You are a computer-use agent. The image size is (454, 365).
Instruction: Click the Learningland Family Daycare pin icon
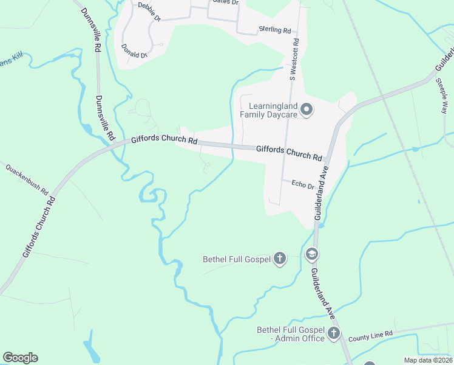307,109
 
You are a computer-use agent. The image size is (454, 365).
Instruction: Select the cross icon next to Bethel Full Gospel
280,259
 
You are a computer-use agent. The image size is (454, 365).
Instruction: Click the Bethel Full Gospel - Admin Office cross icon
333,333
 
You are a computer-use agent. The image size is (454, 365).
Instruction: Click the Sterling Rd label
275,29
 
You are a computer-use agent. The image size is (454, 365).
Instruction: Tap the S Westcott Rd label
294,60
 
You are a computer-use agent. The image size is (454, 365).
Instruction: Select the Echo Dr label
302,184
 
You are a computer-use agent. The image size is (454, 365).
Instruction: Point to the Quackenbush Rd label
27,178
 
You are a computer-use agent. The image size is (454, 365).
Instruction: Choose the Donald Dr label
134,51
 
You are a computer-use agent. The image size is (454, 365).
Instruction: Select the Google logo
20,358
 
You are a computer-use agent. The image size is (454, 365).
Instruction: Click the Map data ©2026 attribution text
428,360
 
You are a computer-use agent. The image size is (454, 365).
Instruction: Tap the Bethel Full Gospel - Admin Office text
291,334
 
